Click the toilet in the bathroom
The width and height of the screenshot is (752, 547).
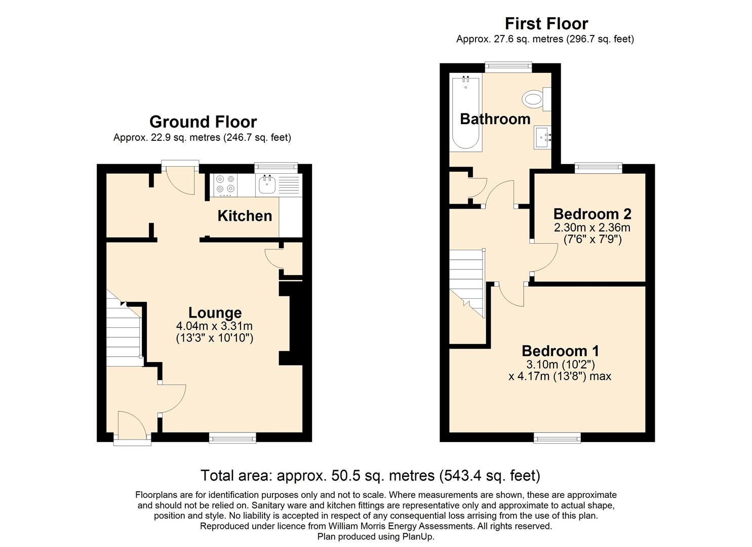click(537, 99)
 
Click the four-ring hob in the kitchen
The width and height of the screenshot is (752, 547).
click(225, 185)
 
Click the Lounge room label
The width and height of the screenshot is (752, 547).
click(215, 313)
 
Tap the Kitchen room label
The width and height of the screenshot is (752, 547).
click(245, 216)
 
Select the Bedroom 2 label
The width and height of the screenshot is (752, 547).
click(592, 214)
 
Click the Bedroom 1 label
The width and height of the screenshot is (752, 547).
click(560, 351)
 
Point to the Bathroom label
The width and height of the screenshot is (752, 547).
click(495, 119)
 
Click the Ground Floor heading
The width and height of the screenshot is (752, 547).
click(203, 122)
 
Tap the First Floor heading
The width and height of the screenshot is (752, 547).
click(546, 24)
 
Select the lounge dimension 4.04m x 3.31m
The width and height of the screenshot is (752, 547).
click(214, 326)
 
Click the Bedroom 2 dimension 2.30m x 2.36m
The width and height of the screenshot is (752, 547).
click(592, 228)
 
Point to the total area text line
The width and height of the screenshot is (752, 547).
click(370, 476)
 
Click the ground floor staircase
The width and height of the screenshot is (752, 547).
click(124, 332)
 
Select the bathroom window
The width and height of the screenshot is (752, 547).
click(508, 67)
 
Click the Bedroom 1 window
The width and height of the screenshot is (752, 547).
click(557, 438)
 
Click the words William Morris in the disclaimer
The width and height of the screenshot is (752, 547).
click(352, 526)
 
